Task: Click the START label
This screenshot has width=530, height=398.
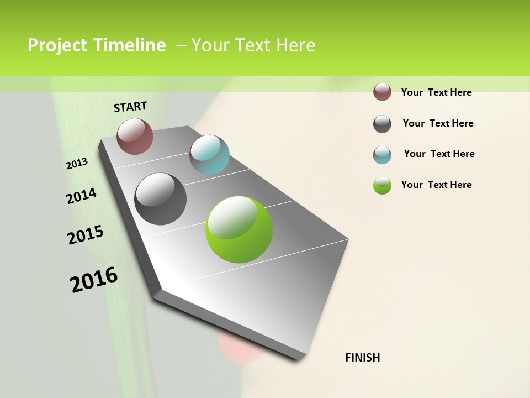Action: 130,107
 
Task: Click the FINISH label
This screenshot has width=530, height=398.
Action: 362,358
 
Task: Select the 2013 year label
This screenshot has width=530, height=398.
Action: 77,164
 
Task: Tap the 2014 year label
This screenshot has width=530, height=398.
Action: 81,196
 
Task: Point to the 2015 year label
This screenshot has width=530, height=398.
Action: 86,235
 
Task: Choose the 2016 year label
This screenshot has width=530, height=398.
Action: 94,280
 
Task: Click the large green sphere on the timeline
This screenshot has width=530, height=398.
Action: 239,229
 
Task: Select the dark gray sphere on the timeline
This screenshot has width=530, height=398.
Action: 160,199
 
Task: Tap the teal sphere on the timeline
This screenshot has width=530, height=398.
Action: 209,155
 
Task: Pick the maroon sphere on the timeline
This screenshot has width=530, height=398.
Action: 135,136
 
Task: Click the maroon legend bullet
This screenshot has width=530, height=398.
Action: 382,92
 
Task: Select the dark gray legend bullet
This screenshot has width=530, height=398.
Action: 382,124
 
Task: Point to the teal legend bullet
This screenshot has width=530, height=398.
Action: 382,155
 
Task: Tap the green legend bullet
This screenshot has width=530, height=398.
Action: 382,185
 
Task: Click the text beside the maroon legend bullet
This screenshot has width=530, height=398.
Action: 436,92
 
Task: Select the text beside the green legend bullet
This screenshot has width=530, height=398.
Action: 436,185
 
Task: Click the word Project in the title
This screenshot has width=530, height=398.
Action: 57,45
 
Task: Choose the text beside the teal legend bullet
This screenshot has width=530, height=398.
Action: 439,154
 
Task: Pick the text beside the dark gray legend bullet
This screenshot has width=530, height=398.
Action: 438,123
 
